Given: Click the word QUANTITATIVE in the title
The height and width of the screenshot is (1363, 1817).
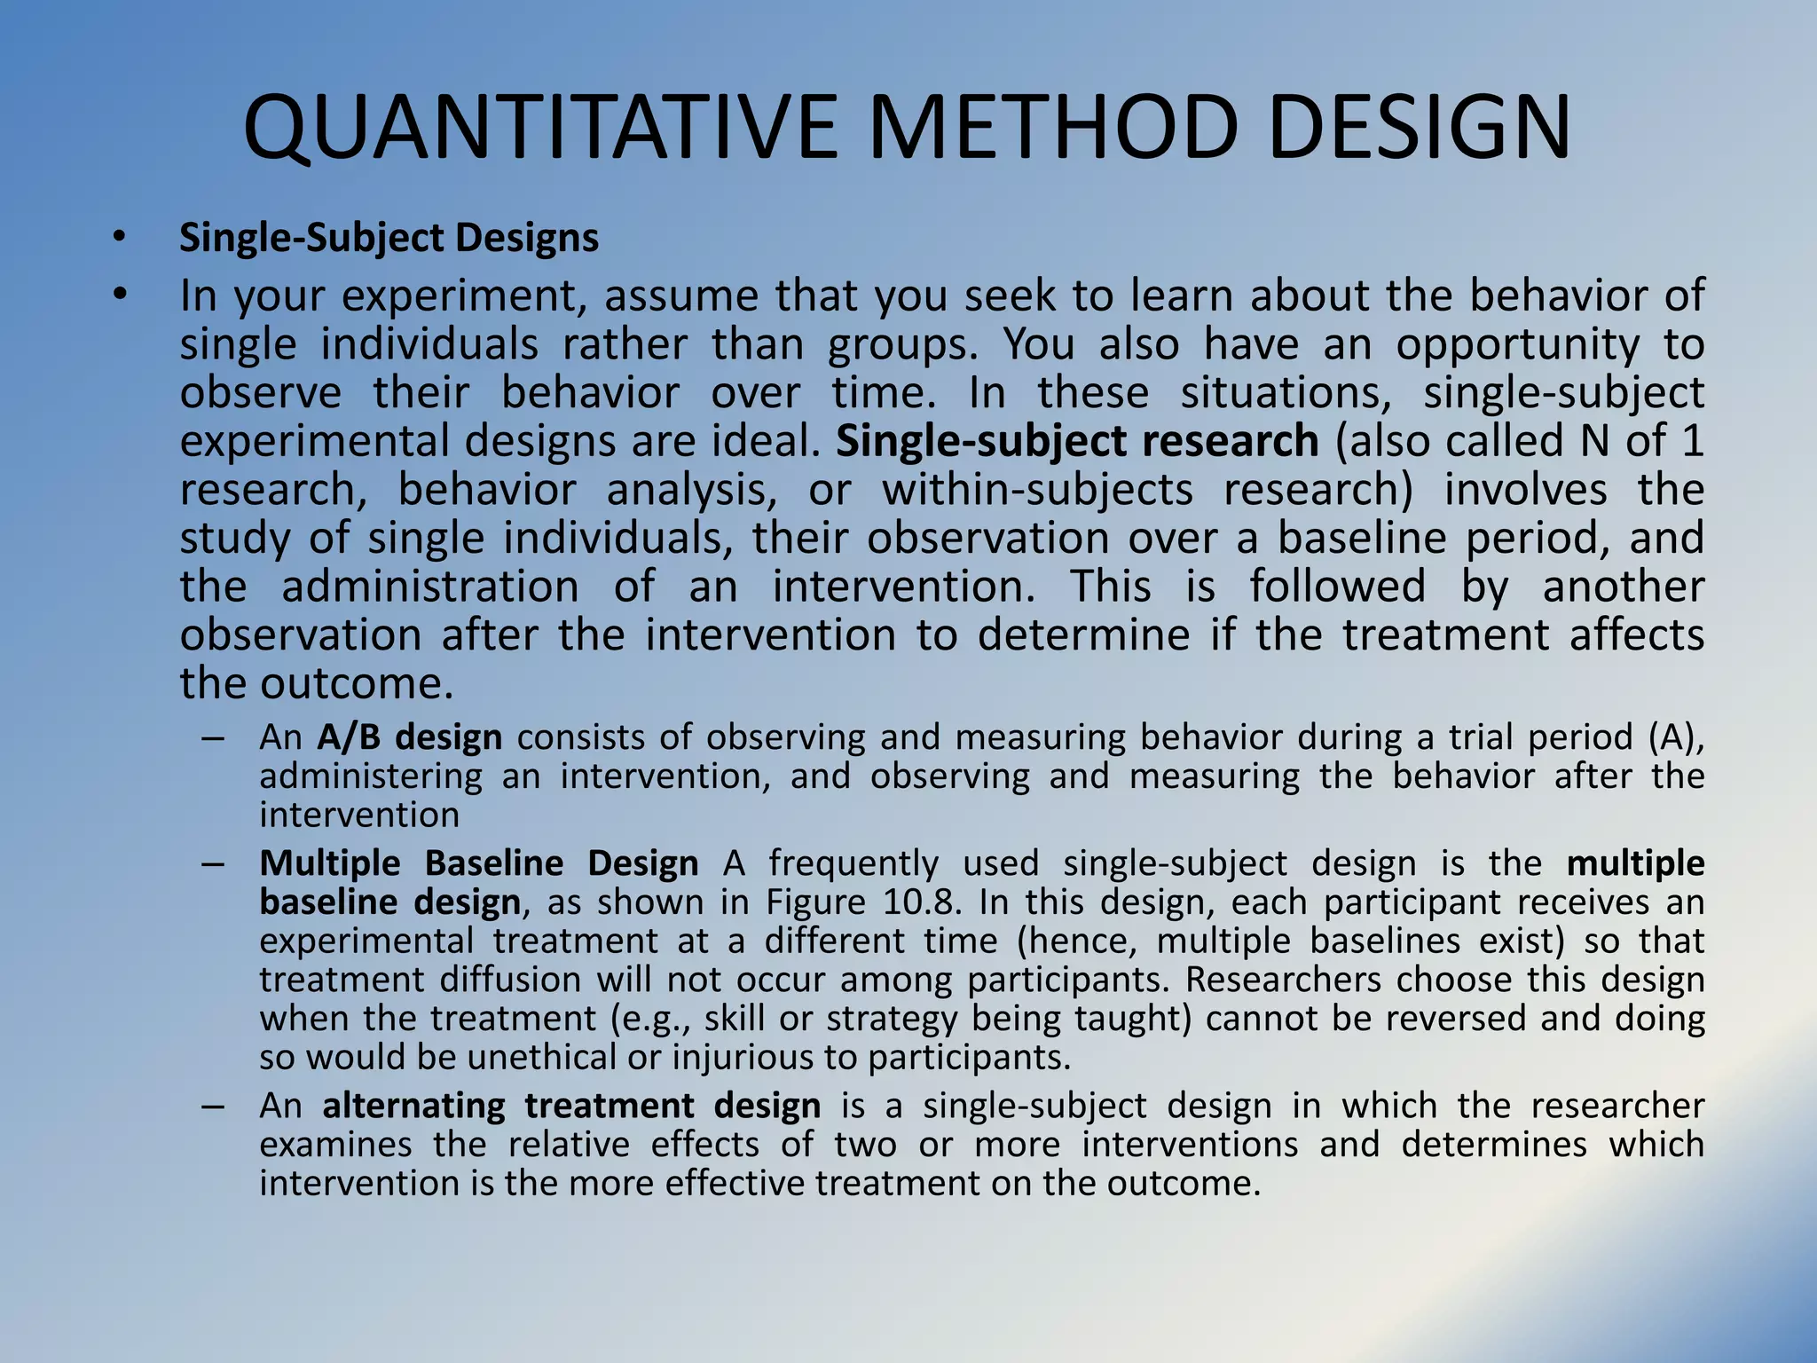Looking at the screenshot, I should coord(540,129).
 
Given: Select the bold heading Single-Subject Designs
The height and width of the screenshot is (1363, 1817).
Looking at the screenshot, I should coord(389,238).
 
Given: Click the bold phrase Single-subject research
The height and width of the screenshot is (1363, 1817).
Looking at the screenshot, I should coord(1077,441).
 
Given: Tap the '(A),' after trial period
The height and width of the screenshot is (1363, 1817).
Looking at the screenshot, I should coord(1676,737).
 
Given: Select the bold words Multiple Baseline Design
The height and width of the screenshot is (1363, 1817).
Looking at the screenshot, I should coord(479,863).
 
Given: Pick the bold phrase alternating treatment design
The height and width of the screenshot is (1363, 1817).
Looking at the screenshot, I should coord(571,1107).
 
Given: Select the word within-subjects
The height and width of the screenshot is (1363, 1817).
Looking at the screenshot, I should coord(1037,490).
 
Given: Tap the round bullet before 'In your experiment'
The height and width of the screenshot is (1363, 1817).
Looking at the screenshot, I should coord(121,295).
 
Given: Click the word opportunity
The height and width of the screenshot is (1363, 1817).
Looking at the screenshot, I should coord(1518,344).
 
